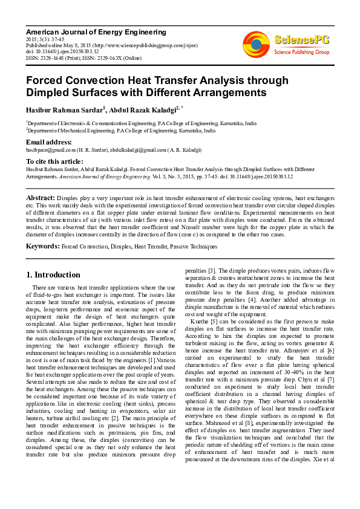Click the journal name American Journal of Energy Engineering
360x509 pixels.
[96, 31]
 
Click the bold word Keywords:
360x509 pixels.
[42, 247]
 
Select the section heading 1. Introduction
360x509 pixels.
[53, 274]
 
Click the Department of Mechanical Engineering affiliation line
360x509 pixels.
[120, 130]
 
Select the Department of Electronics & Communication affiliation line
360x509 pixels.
[141, 123]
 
